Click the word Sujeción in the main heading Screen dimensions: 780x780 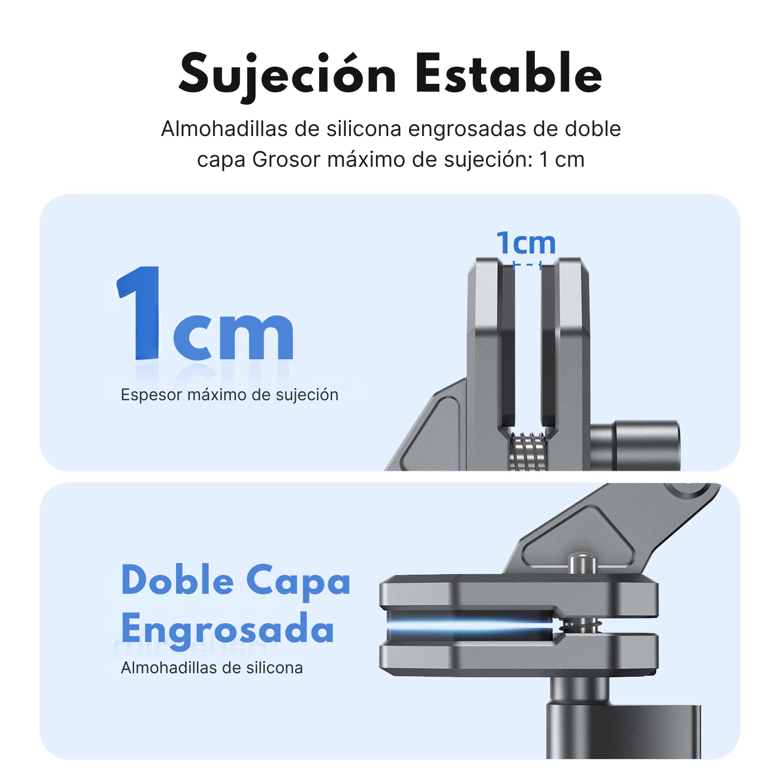coord(288,74)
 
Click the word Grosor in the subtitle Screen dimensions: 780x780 coord(286,160)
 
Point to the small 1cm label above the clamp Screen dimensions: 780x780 coord(526,243)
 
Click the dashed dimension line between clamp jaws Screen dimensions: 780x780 coord(527,265)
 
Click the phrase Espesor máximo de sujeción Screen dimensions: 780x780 coord(229,395)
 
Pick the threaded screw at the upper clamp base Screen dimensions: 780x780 coord(527,451)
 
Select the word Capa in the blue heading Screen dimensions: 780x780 coord(298,581)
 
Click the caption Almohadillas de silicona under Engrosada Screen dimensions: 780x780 coord(212,668)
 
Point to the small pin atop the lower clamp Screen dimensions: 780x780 coord(583,563)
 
